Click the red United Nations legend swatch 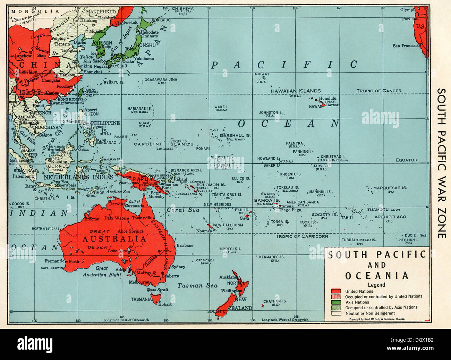click(x=335, y=291)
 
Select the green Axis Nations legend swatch click(x=335, y=302)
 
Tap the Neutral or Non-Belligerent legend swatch click(x=335, y=313)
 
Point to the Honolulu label click(x=327, y=98)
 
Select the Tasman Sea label click(x=197, y=286)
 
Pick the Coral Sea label click(x=183, y=210)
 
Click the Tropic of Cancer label click(x=379, y=91)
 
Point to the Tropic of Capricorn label click(x=301, y=236)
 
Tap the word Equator click(x=406, y=160)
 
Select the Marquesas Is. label click(x=390, y=188)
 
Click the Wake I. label click(x=221, y=107)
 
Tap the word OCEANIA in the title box click(x=376, y=276)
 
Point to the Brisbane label click(x=185, y=245)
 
